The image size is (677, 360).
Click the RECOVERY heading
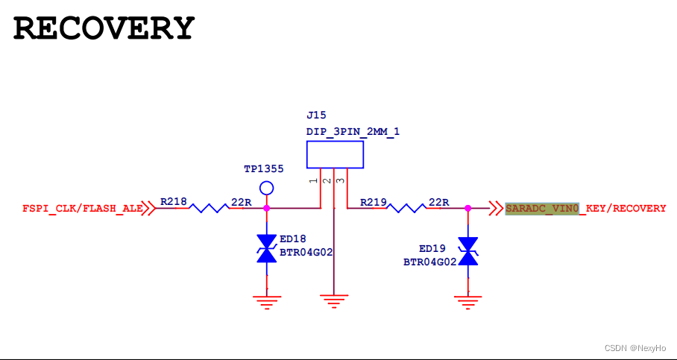pos(104,28)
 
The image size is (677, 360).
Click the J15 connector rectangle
pos(335,155)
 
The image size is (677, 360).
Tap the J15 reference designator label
pos(316,116)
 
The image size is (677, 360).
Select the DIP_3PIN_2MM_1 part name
pos(353,132)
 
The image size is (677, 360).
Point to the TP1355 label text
pos(263,169)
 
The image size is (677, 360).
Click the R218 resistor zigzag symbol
pos(208,209)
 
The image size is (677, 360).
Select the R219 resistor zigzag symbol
pos(407,209)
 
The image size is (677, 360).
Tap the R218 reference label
pos(173,202)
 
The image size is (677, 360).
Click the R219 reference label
pos(373,202)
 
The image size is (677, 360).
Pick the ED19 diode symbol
pos(467,251)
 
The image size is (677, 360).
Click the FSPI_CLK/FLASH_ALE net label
pos(82,209)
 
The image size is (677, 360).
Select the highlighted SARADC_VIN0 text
pos(541,209)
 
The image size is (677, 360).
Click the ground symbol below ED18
pos(266,300)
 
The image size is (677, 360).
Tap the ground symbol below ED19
pos(467,300)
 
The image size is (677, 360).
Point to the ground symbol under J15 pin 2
pos(334,300)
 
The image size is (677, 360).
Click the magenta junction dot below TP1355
pos(266,209)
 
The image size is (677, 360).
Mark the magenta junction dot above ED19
pos(467,209)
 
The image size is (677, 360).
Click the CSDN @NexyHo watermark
pos(635,348)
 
